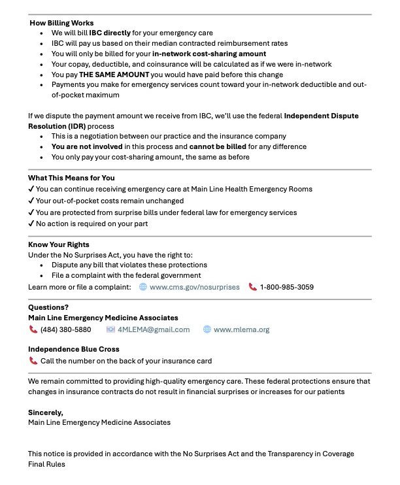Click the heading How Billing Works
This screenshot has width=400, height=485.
click(x=61, y=23)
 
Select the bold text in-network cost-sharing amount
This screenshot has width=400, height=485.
click(x=208, y=54)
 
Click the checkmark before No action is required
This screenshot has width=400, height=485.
click(x=31, y=224)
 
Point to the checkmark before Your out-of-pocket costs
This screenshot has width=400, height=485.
click(x=31, y=201)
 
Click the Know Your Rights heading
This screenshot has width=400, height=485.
click(x=58, y=244)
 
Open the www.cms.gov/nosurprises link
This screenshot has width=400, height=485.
click(x=194, y=287)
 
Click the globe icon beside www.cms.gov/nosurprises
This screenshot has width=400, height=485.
click(x=143, y=287)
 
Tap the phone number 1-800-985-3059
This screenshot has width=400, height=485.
click(x=286, y=287)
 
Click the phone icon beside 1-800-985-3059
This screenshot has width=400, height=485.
click(x=252, y=287)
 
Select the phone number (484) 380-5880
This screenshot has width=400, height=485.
click(x=65, y=329)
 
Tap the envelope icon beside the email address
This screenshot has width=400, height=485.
click(x=110, y=329)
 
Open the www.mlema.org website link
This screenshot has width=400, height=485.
click(x=241, y=329)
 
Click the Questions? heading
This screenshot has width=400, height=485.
click(x=48, y=307)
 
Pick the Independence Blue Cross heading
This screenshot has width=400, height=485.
click(x=73, y=349)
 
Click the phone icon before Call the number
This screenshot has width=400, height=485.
click(x=33, y=360)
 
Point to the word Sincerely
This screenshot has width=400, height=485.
click(x=46, y=412)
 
